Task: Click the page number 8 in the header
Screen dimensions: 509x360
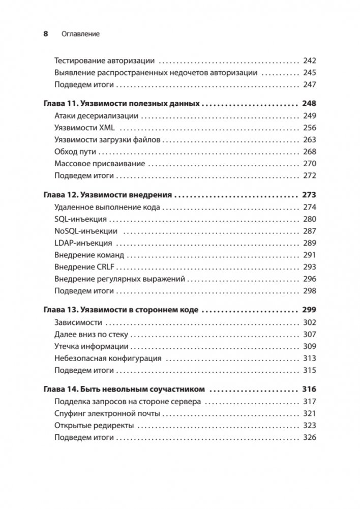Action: (45, 34)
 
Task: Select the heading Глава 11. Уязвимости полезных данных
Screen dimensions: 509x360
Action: (121, 104)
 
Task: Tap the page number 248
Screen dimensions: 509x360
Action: (309, 104)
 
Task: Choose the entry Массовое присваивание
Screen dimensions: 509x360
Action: (99, 164)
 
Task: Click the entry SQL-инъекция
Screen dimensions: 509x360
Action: (80, 219)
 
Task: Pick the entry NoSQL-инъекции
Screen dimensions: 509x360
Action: (85, 231)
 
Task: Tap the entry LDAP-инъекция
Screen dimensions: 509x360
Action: (83, 243)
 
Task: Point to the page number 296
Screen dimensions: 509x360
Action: (309, 279)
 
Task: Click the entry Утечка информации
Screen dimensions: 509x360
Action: (91, 346)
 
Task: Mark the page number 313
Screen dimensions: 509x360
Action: (309, 358)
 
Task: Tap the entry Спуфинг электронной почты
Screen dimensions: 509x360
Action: (107, 414)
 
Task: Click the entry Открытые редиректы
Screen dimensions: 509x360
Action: (94, 426)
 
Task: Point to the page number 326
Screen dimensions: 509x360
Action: (309, 438)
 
